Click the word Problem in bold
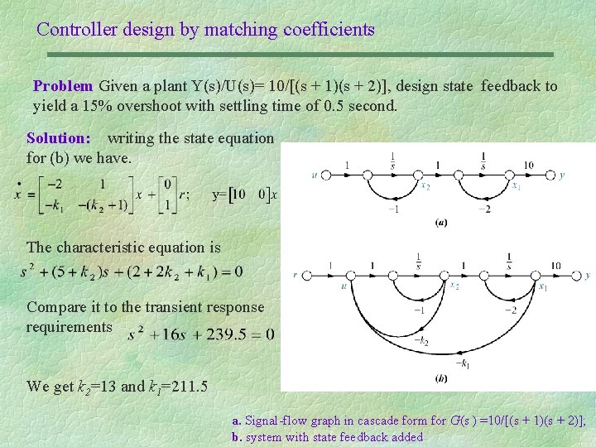pos(63,86)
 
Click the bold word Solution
pos(58,137)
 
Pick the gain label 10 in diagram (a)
pos(528,165)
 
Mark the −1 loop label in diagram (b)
pos(420,310)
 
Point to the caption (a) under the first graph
pos(441,223)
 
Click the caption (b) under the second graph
pos(441,378)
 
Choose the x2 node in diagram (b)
pos(454,286)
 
